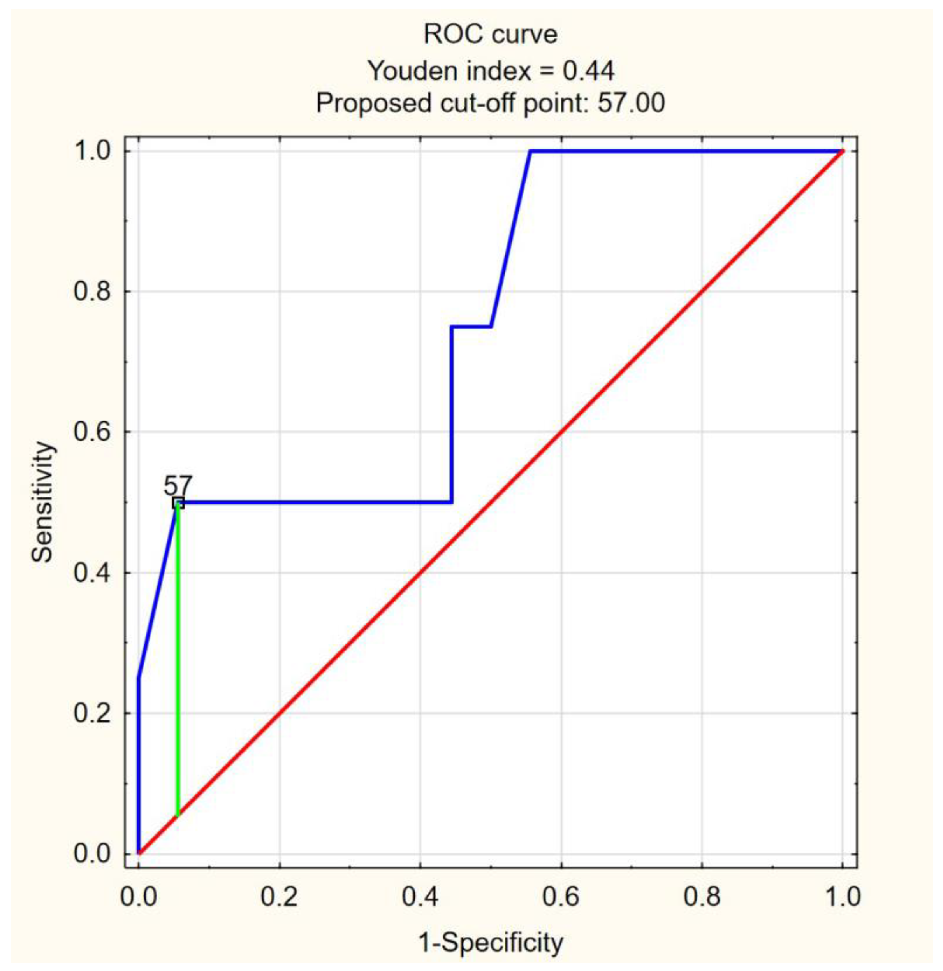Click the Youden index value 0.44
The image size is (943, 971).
pos(588,71)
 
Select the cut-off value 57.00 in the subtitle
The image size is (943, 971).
pos(631,104)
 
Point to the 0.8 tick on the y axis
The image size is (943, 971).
pos(91,291)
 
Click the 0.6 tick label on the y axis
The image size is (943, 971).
pos(91,432)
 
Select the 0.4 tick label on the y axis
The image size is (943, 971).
pos(91,573)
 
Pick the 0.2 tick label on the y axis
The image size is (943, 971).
pos(91,713)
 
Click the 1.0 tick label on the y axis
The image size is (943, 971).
pos(91,151)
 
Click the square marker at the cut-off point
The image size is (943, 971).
pos(178,503)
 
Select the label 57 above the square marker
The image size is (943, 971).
pos(178,486)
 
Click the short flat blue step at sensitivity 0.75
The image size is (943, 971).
pos(471,327)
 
